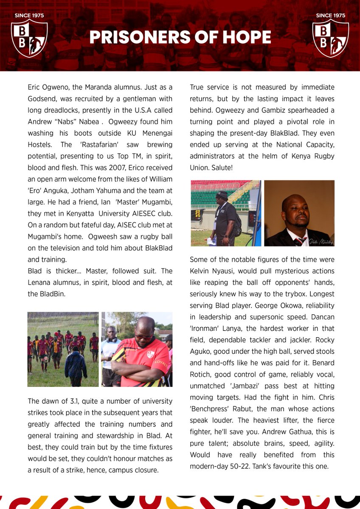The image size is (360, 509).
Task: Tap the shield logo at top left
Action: [29, 38]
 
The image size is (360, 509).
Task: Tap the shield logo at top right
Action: [330, 38]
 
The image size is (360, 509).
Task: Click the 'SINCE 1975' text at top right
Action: [330, 16]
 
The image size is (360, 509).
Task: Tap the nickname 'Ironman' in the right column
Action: [206, 328]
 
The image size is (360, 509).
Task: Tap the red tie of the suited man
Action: [300, 241]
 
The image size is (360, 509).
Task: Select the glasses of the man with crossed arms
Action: [143, 337]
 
